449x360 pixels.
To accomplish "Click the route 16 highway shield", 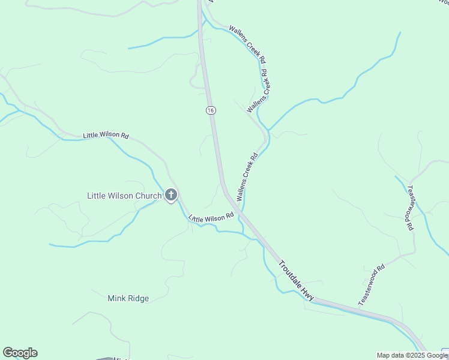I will pyautogui.click(x=210, y=110).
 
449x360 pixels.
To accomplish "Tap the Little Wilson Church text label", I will pyautogui.click(x=124, y=196).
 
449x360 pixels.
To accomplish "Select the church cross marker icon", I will pyautogui.click(x=171, y=194).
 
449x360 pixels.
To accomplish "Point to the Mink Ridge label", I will pyautogui.click(x=128, y=298).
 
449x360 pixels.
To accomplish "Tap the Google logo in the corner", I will pyautogui.click(x=20, y=353).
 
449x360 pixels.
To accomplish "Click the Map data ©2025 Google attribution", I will pyautogui.click(x=412, y=355).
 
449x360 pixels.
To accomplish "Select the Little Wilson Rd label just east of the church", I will pyautogui.click(x=211, y=218).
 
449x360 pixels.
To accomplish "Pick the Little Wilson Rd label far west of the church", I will pyautogui.click(x=106, y=136).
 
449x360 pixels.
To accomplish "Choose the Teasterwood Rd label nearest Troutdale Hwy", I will pyautogui.click(x=372, y=286).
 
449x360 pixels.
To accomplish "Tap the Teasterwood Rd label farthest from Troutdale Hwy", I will pyautogui.click(x=411, y=208).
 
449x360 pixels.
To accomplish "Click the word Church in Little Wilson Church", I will pyautogui.click(x=148, y=196).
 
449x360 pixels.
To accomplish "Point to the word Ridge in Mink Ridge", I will pyautogui.click(x=137, y=298).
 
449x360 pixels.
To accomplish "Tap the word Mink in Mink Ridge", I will pyautogui.click(x=116, y=298).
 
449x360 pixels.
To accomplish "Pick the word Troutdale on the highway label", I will pyautogui.click(x=290, y=273).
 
